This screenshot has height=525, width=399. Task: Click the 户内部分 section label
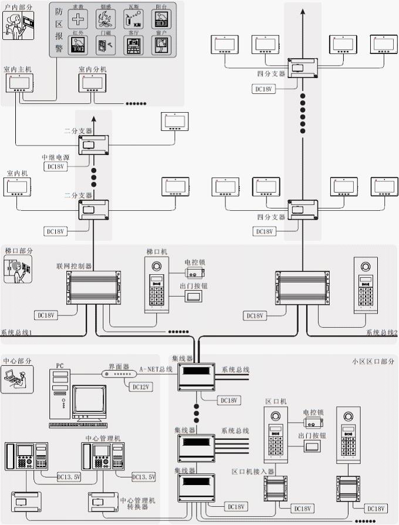(x=18, y=7)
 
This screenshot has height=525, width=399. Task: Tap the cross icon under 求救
(x=77, y=19)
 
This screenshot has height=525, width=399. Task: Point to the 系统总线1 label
(x=16, y=333)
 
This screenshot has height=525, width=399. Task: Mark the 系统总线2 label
(x=381, y=333)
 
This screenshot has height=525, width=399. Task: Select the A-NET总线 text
(x=155, y=369)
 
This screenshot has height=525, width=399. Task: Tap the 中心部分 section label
(x=18, y=361)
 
